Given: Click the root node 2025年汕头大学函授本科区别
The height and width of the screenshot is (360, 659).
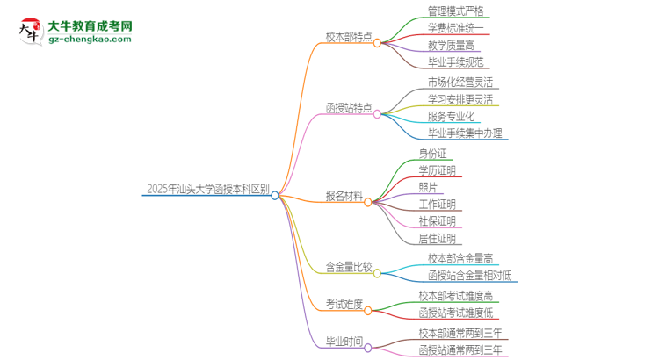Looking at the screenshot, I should (x=208, y=188).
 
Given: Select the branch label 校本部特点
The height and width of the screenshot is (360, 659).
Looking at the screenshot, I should (x=349, y=38).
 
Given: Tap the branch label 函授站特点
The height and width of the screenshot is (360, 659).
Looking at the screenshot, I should (x=349, y=108).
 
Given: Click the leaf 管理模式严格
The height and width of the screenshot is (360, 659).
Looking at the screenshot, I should (x=455, y=11).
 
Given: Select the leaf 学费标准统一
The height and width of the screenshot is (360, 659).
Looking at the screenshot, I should (x=455, y=28).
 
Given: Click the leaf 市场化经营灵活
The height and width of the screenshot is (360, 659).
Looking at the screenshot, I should (x=460, y=83).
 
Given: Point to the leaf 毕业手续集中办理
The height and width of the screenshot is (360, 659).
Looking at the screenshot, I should (x=465, y=133).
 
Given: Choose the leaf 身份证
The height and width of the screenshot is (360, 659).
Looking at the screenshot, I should (x=433, y=153).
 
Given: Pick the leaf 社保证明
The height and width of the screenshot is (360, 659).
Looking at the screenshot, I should (x=438, y=221).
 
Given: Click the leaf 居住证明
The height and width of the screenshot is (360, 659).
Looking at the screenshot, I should (x=438, y=239).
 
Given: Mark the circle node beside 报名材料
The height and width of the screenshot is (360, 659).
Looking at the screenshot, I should (x=368, y=202).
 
